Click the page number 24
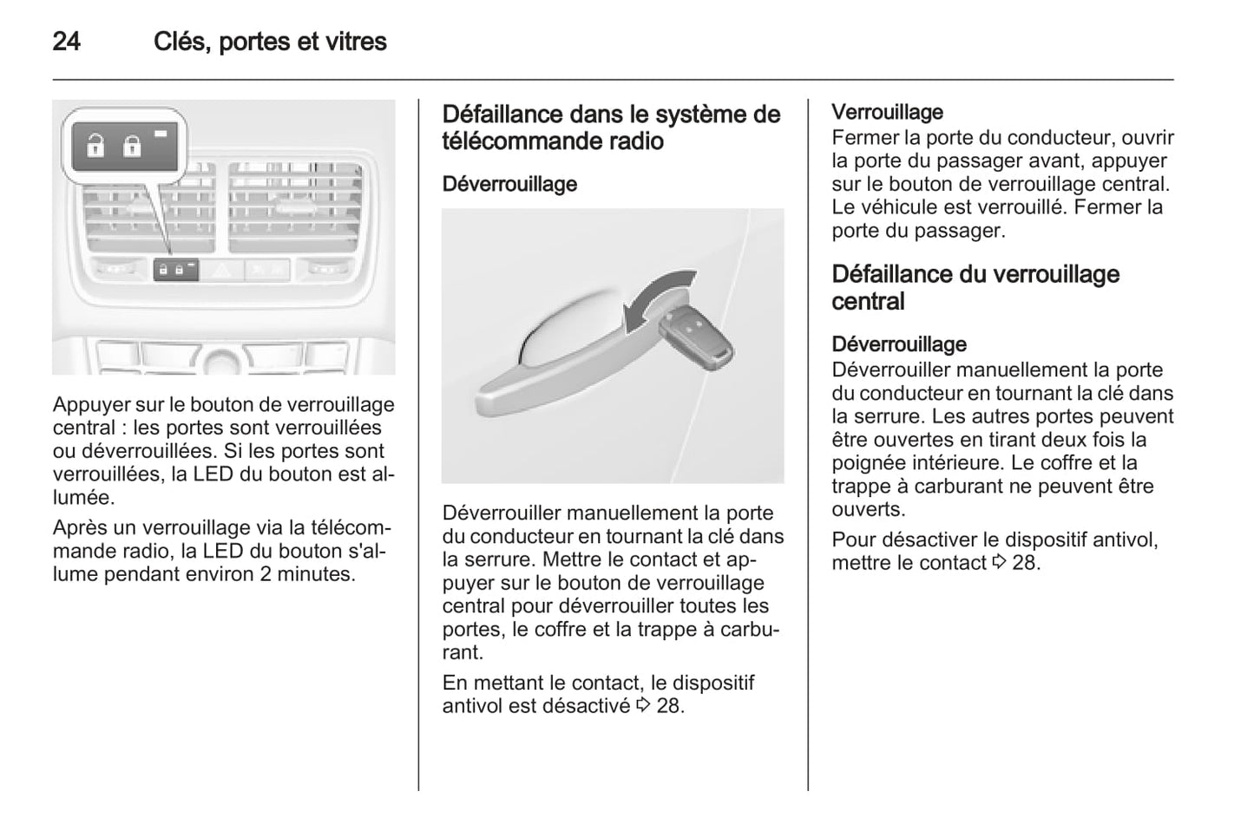pyautogui.click(x=67, y=42)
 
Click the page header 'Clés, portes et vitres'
pyautogui.click(x=270, y=42)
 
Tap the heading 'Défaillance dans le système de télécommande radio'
pyautogui.click(x=611, y=128)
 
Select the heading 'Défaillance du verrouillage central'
pyautogui.click(x=975, y=287)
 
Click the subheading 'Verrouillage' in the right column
pyautogui.click(x=887, y=112)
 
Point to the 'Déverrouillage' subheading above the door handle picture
pyautogui.click(x=509, y=184)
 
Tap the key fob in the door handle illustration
pyautogui.click(x=696, y=339)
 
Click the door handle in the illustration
pyautogui.click(x=555, y=364)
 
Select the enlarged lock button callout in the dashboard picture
pyautogui.click(x=124, y=145)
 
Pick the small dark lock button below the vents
pyautogui.click(x=175, y=271)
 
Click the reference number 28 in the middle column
pyautogui.click(x=669, y=706)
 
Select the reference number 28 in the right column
pyautogui.click(x=1025, y=563)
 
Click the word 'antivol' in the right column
pyautogui.click(x=1121, y=539)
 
